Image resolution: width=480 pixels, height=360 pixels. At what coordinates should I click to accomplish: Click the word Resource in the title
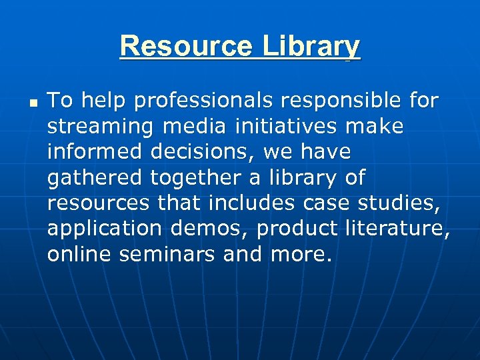point(186,46)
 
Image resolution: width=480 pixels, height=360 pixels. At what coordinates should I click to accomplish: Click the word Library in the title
point(311,46)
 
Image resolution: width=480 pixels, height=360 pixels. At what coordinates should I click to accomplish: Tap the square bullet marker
point(31,103)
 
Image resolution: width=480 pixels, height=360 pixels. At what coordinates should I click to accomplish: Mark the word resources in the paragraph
point(97,203)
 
